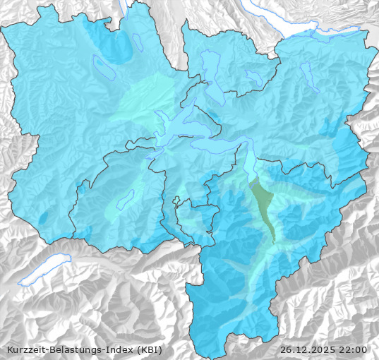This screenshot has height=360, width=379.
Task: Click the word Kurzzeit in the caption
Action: click(23, 349)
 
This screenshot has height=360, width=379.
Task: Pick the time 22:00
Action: click(352, 349)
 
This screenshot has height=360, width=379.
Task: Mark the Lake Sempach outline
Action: click(103, 66)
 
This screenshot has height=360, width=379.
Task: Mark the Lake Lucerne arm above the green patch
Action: click(250, 167)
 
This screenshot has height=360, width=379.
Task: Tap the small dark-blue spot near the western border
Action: click(44, 218)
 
